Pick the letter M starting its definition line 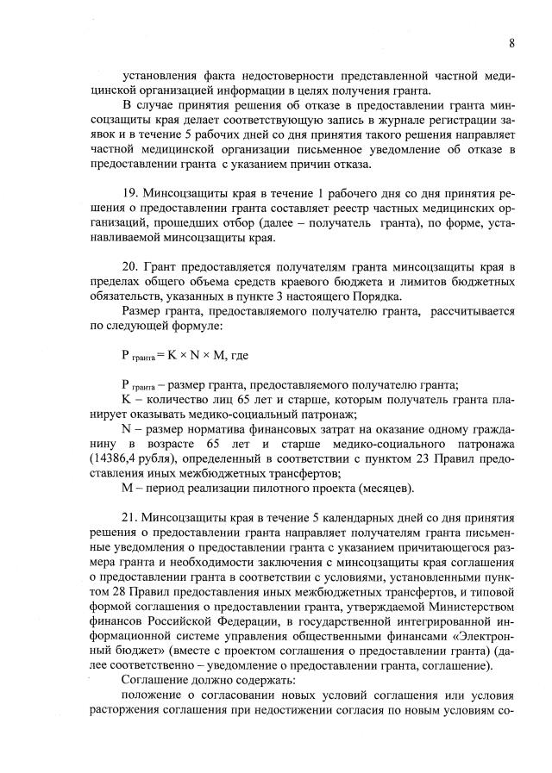(128, 489)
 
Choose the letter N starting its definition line (127, 428)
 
